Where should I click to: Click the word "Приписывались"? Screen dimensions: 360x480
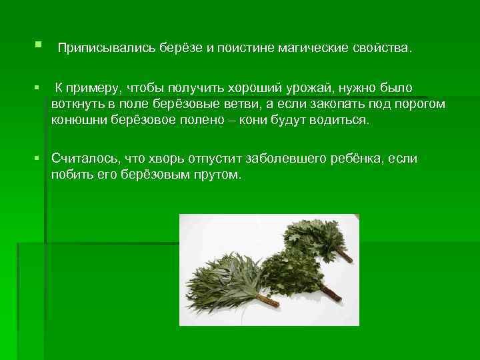click(x=98, y=49)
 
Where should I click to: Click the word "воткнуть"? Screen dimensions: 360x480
click(x=75, y=105)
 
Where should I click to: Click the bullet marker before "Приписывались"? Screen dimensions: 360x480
click(x=35, y=45)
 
